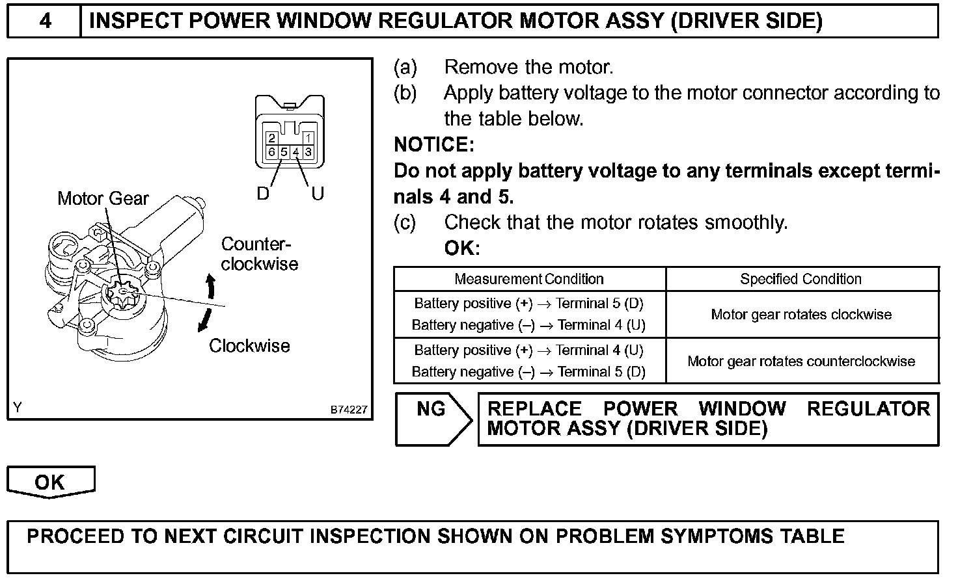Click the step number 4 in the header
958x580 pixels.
click(44, 21)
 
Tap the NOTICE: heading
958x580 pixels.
click(434, 144)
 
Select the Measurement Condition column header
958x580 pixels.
click(529, 279)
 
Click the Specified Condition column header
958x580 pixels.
click(801, 279)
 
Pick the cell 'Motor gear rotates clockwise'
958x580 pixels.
click(801, 315)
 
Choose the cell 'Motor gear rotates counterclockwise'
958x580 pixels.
click(801, 362)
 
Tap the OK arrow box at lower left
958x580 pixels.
click(50, 482)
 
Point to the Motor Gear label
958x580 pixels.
click(103, 198)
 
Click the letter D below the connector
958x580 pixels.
click(263, 194)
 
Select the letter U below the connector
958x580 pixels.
click(318, 194)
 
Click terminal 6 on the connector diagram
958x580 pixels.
click(272, 152)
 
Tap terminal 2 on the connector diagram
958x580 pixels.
click(272, 138)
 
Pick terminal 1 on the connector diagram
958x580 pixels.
click(308, 138)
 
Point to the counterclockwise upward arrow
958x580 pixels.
click(210, 286)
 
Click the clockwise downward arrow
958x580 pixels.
click(205, 320)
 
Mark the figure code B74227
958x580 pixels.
click(349, 410)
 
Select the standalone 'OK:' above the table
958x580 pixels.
click(462, 248)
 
